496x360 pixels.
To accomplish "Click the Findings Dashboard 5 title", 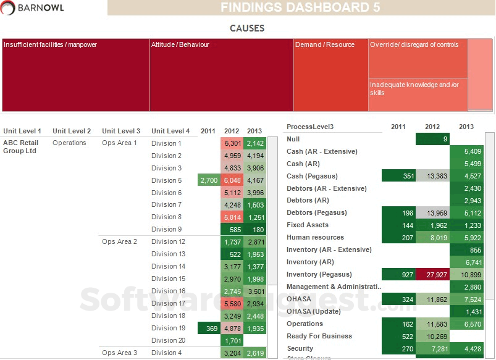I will (300, 7).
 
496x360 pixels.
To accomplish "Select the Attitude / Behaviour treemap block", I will (221, 75).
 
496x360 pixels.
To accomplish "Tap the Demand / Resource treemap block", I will (331, 75).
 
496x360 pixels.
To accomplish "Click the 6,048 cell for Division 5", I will (232, 180).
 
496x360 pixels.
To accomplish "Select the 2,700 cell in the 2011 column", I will (209, 180).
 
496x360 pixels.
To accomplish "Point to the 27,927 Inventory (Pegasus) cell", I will (432, 274).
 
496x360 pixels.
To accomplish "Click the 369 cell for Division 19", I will (209, 328).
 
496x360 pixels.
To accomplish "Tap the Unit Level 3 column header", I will (121, 131).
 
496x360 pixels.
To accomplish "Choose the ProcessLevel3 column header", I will (310, 127).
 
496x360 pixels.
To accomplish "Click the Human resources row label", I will (315, 237).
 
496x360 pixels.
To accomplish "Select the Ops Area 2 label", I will (119, 241).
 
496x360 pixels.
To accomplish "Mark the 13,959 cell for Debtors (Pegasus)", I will (432, 212).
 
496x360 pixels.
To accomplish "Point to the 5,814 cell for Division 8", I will (232, 217).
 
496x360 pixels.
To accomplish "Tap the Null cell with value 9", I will (432, 139).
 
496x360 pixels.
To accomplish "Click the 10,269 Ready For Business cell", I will (432, 336).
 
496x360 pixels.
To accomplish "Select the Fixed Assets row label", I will (308, 225).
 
